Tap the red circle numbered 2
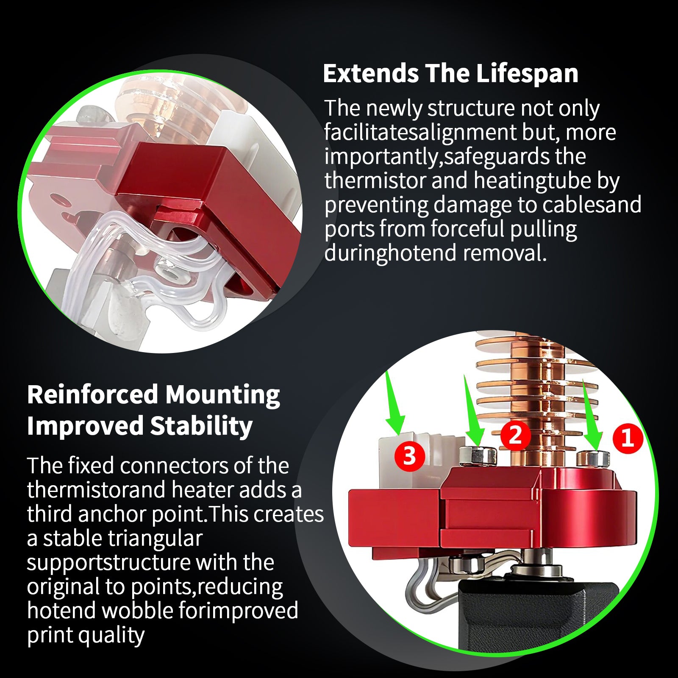point(515,435)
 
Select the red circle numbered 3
point(409,456)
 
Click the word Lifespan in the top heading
point(527,74)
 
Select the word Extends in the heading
point(371,73)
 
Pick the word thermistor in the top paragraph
point(375,181)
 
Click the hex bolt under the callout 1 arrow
point(594,458)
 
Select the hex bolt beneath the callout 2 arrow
point(478,456)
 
